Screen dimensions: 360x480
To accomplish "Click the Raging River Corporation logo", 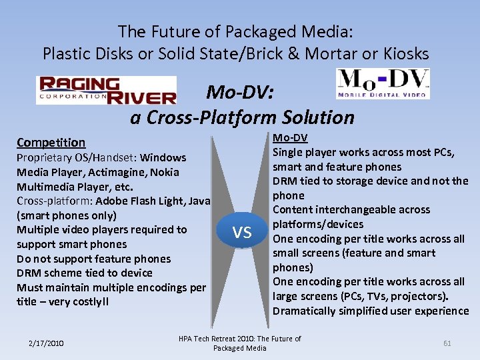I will coord(106,90).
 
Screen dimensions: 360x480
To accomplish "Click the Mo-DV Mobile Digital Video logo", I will coord(383,83).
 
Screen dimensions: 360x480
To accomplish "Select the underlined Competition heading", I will coord(51,142).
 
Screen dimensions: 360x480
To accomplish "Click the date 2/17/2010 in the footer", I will coord(46,343).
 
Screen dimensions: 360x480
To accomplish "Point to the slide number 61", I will coord(447,343).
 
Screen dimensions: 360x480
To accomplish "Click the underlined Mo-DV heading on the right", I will coord(290,138).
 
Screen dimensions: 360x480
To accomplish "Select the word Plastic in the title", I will coord(65,53).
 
